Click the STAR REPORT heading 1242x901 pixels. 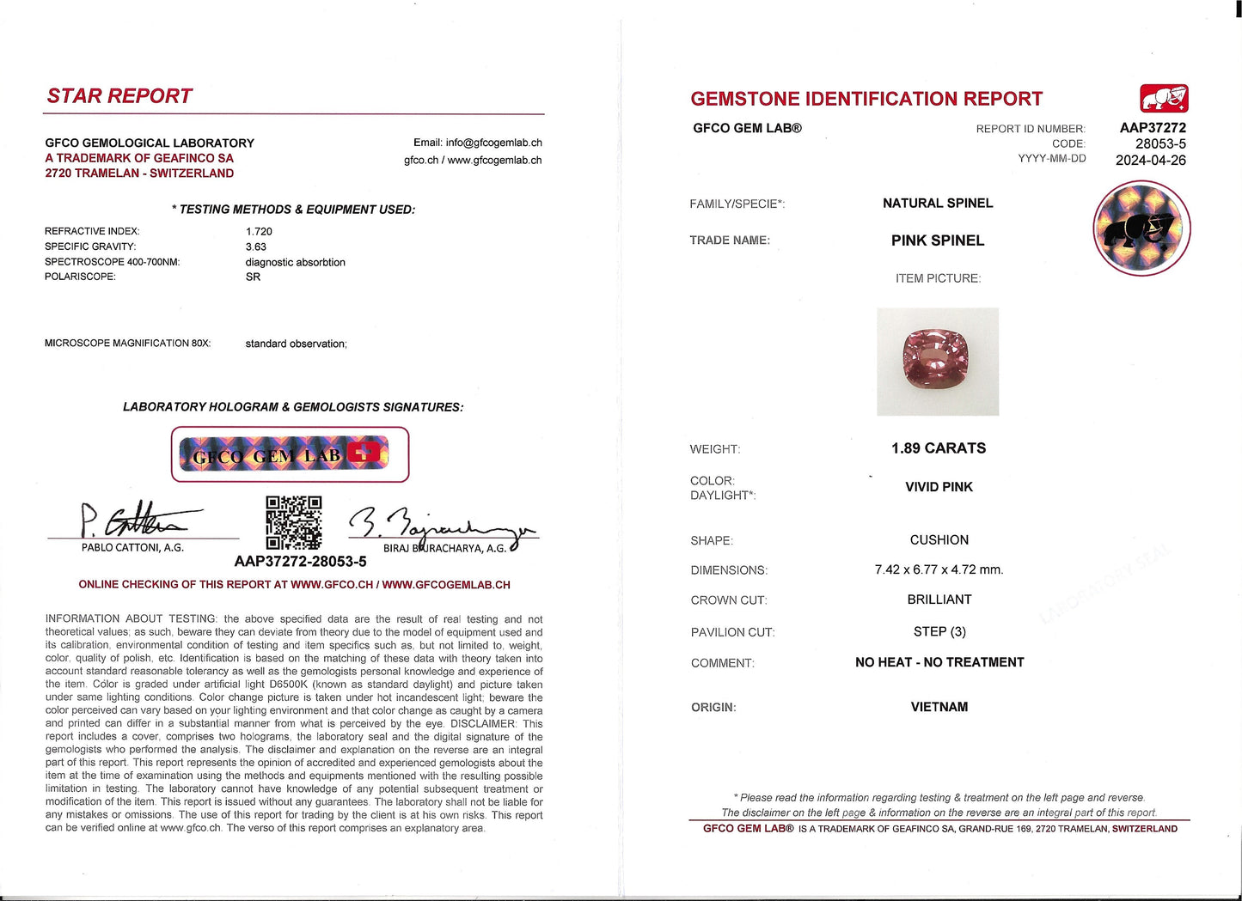coord(119,96)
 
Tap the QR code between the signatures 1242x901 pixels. coord(293,522)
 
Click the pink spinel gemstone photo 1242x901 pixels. coord(937,362)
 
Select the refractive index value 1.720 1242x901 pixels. coord(259,231)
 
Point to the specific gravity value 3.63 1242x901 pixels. coord(255,247)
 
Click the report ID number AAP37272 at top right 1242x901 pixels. coord(1152,128)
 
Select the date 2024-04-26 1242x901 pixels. coord(1150,161)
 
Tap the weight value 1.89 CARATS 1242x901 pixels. coord(939,448)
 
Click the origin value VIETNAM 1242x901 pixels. coord(939,707)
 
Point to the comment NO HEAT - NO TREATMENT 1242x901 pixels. coord(939,662)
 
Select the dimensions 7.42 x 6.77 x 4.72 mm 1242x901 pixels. coord(939,569)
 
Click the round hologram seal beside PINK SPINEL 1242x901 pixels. coord(1141,228)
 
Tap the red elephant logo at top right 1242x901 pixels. coord(1164,99)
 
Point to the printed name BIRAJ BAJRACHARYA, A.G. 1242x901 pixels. coord(444,548)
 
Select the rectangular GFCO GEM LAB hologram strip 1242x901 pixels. coord(290,454)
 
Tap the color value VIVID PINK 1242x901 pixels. coord(939,487)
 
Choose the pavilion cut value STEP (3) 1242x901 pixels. coord(939,631)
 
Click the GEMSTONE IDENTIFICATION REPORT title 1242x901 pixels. coord(866,99)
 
